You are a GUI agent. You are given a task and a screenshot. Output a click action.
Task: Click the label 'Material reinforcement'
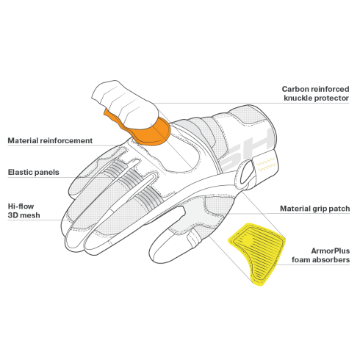[x=50, y=140]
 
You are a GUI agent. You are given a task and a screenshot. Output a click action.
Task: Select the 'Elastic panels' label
[x=34, y=172]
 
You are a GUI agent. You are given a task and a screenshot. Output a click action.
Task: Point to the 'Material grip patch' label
[x=314, y=209]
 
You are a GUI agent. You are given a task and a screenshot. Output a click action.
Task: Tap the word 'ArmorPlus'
[x=331, y=251]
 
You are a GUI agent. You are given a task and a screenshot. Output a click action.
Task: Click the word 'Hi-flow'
[x=21, y=206]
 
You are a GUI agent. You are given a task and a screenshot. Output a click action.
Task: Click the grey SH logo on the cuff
[x=248, y=149]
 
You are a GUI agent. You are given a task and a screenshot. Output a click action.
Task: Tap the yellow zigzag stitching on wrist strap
[x=266, y=165]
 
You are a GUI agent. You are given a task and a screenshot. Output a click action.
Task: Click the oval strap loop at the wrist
[x=246, y=173]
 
